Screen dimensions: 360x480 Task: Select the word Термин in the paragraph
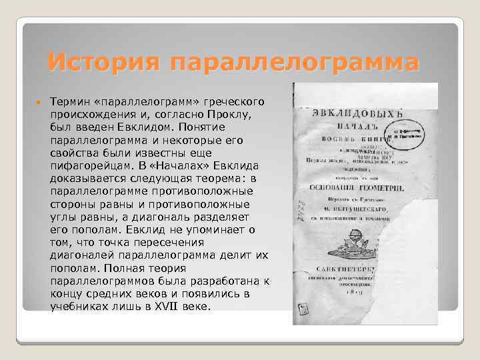click(x=71, y=101)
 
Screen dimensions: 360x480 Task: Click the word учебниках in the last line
click(x=80, y=307)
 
